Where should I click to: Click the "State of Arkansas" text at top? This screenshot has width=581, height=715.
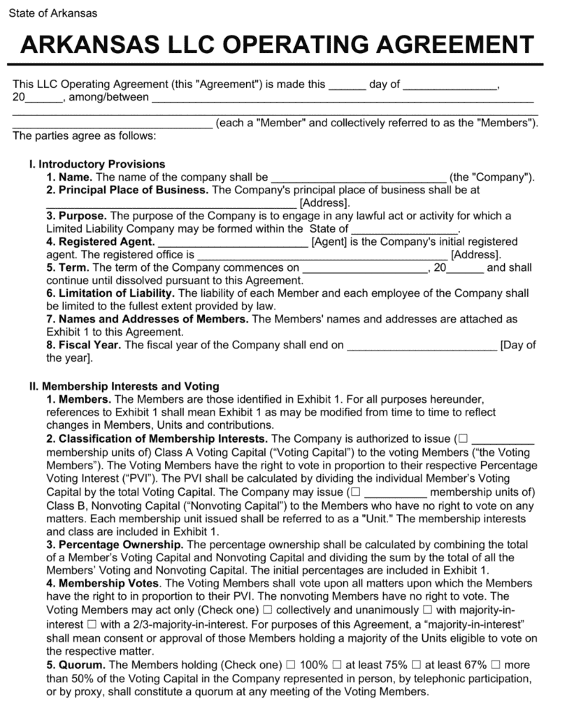point(52,13)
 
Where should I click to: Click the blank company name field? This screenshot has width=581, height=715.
point(358,178)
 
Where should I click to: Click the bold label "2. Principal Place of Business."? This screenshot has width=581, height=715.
point(127,190)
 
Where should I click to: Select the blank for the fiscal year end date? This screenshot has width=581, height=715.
point(422,344)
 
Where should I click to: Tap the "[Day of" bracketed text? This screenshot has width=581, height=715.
point(518,344)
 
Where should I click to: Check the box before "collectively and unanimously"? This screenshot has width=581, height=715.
point(267,610)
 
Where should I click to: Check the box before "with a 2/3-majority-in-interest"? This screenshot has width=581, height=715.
point(94,623)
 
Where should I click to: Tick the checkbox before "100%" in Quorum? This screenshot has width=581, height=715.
point(290,665)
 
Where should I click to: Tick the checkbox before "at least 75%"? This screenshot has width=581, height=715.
point(337,665)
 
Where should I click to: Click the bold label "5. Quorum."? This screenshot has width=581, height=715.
point(76,665)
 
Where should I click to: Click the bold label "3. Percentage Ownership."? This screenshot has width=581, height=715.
point(115,545)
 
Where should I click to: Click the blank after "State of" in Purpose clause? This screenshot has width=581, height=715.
point(404,229)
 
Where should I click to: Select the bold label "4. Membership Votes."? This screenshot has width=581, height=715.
point(105,583)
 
